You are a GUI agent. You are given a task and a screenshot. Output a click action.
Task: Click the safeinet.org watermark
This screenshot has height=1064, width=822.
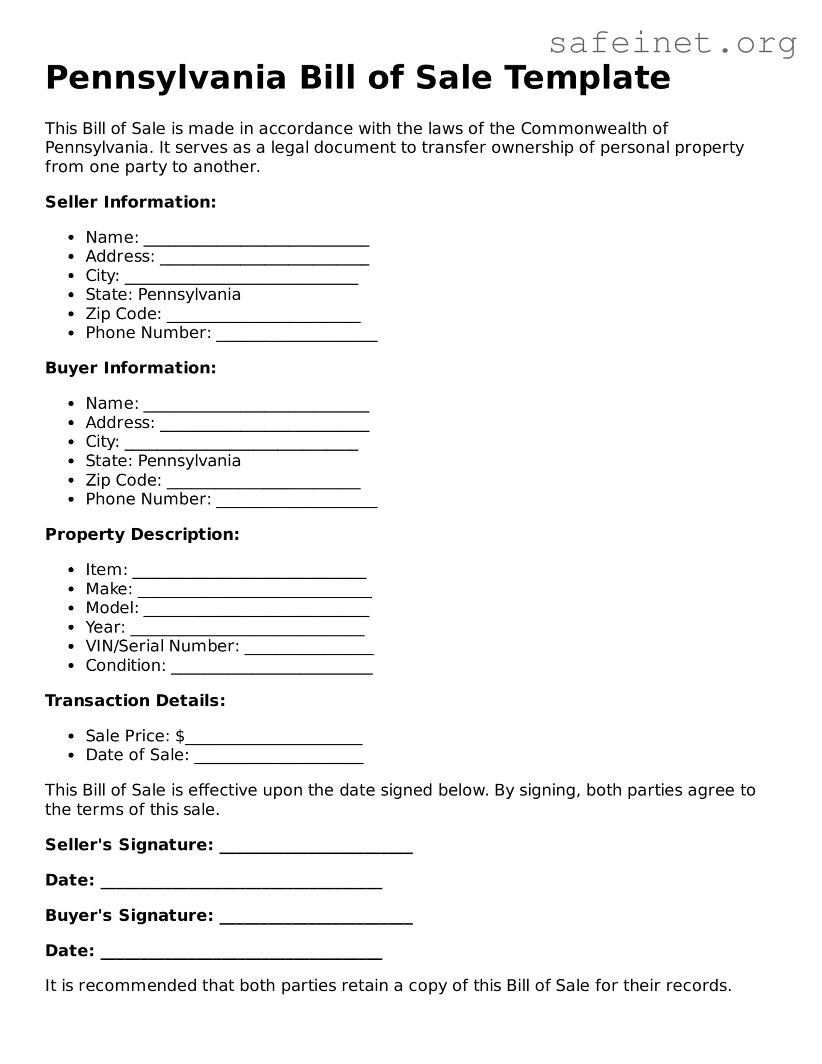[x=672, y=44]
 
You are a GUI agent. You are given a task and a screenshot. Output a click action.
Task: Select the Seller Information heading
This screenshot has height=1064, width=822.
[x=130, y=202]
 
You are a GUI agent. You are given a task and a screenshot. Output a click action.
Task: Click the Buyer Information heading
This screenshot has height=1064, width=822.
[x=130, y=368]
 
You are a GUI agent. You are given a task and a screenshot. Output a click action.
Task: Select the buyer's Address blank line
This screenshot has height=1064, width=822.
[x=264, y=427]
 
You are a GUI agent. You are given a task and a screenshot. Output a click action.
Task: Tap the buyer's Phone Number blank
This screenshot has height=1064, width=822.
[x=296, y=503]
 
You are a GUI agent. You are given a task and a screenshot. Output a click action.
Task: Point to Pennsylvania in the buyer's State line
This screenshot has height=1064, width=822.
[x=189, y=461]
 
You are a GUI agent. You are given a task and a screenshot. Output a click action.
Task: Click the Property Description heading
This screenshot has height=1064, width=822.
[x=142, y=534]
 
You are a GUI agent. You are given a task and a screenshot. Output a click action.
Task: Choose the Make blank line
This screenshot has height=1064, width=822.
[x=254, y=593]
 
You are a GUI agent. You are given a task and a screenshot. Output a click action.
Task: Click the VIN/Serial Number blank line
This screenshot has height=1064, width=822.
[x=309, y=650]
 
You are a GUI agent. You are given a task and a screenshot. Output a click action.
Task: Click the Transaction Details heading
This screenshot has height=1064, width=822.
[x=135, y=701]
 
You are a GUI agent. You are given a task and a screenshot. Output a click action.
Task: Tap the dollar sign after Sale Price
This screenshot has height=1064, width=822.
[x=180, y=736]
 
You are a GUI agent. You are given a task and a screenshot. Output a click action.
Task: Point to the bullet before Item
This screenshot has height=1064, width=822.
[x=72, y=570]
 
